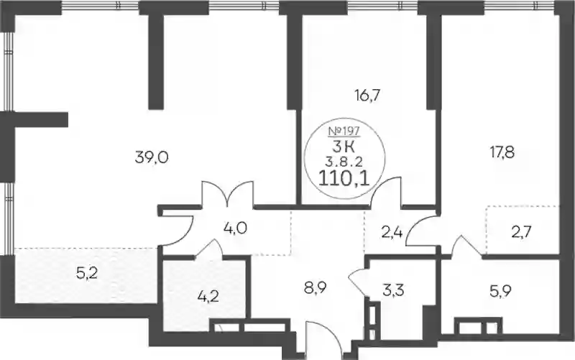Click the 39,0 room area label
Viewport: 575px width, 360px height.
[x=152, y=158]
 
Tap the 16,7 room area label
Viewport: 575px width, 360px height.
[x=367, y=96]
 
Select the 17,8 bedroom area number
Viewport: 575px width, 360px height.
[x=502, y=151]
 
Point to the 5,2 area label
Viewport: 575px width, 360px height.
[x=87, y=273]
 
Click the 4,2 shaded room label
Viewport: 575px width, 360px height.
[x=208, y=295]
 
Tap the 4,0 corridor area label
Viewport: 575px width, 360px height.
[x=235, y=228]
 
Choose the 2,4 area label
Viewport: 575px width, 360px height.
[x=392, y=233]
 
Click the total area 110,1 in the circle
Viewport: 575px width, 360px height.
[x=344, y=180]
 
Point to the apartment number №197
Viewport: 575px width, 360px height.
[x=344, y=130]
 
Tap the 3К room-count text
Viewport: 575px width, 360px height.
[x=344, y=147]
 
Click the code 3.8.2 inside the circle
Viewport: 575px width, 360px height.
[x=344, y=160]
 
